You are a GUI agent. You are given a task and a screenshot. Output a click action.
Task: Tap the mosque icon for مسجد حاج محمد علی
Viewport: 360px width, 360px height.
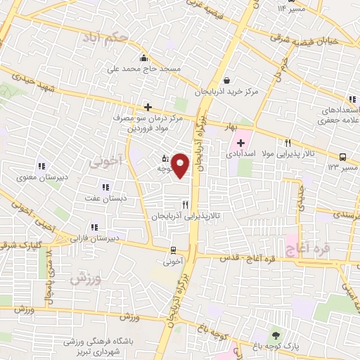point(144,58)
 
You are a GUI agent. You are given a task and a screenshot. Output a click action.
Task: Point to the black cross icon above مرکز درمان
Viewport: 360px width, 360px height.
point(148,107)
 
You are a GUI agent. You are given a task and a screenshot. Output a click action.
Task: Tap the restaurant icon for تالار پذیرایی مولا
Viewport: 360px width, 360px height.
point(289,143)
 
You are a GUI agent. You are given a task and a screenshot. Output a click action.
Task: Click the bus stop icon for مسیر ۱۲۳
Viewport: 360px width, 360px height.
point(342,157)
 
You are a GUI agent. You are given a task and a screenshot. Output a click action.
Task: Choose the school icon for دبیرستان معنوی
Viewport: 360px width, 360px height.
point(41,167)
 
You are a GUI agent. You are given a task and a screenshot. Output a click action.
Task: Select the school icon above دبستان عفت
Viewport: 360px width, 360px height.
point(105,187)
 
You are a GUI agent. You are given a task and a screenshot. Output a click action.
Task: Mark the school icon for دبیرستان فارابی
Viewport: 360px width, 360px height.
point(92,227)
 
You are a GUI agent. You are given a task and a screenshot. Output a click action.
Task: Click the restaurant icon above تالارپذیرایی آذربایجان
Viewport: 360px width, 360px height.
point(186,205)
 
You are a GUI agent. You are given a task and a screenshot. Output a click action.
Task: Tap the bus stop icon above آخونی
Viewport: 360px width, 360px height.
point(173,250)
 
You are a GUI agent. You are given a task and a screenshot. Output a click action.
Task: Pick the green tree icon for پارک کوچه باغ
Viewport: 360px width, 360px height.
point(275,335)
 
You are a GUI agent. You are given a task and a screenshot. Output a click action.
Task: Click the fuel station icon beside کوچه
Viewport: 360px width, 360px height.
point(165,158)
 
